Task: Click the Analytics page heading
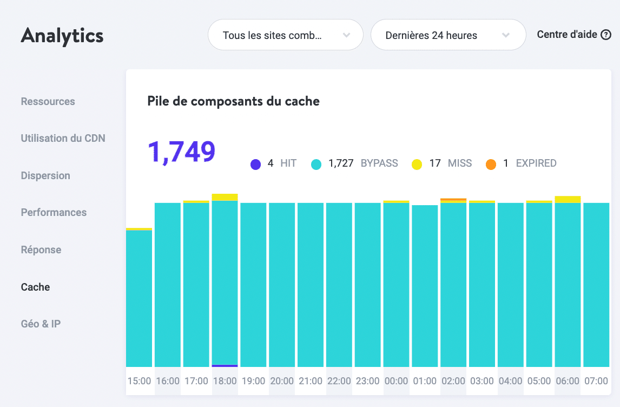(62, 36)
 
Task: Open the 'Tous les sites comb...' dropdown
(285, 36)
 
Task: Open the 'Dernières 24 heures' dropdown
(447, 36)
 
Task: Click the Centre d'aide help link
(573, 35)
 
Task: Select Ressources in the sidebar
(48, 101)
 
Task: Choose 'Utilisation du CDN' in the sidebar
(63, 138)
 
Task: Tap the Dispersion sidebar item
(45, 175)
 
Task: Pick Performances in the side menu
(54, 212)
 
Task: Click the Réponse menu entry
(41, 250)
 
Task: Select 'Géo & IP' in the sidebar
(41, 324)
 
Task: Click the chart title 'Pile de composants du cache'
(233, 101)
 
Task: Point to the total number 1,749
(181, 152)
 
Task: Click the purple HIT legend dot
(255, 164)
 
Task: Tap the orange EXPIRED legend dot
(491, 164)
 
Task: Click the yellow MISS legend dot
(417, 164)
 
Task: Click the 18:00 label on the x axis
(225, 381)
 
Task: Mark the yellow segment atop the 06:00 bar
(568, 199)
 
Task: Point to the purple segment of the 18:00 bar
(225, 366)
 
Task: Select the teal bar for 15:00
(139, 298)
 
